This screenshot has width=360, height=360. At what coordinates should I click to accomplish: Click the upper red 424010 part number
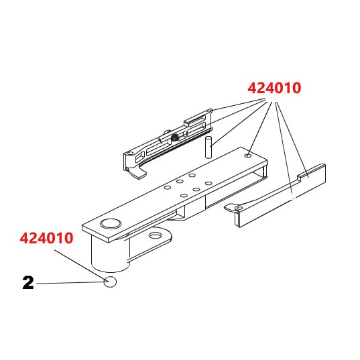click(275, 88)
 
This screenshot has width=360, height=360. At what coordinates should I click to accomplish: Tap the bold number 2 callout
click(28, 284)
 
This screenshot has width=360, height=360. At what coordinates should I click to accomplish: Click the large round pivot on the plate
click(108, 224)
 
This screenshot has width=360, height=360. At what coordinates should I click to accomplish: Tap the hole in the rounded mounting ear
click(158, 235)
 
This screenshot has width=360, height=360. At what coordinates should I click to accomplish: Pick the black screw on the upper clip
click(174, 137)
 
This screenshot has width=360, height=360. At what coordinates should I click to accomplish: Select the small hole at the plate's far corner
click(248, 155)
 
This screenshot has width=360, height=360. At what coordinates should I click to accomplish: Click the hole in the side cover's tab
click(239, 209)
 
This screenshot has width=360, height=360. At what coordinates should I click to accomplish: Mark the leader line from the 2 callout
click(67, 284)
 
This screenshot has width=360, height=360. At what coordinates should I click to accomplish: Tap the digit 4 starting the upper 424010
click(253, 88)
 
